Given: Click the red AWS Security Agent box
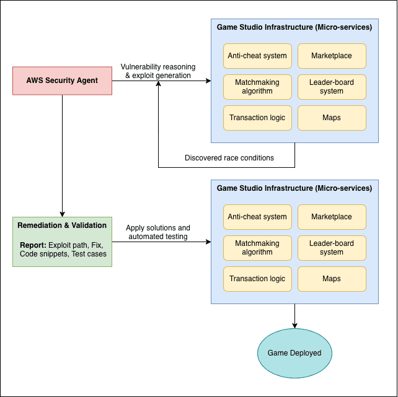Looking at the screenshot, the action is tap(62, 81).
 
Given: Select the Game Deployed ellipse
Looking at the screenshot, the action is tap(294, 353).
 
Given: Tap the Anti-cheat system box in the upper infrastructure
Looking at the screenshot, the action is tap(257, 56).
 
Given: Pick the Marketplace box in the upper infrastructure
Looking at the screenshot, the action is tap(332, 56).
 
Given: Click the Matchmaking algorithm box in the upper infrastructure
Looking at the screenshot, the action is tap(257, 87).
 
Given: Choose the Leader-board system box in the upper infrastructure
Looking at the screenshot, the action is tap(332, 87).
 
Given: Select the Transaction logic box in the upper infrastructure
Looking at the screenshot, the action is tap(257, 118).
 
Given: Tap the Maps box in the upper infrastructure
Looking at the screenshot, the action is tap(332, 118).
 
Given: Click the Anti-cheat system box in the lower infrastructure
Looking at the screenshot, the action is tap(257, 217).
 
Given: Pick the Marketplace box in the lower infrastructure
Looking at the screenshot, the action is tap(332, 217).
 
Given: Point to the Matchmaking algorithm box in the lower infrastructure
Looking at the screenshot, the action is tap(257, 248).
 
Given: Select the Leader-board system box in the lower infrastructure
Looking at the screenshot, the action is tap(332, 248).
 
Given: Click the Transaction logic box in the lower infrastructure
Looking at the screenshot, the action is tap(257, 279).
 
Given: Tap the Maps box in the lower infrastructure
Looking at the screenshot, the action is tap(332, 279).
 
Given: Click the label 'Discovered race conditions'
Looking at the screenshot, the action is tap(229, 158).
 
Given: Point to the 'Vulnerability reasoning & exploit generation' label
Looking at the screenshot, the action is tap(158, 71).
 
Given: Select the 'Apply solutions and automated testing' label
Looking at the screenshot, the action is tap(158, 232).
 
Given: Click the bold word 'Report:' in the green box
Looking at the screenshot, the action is tap(33, 245).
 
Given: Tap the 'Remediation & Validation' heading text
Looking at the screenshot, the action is tap(62, 225).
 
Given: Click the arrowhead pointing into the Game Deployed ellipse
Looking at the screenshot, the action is tap(294, 326).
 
